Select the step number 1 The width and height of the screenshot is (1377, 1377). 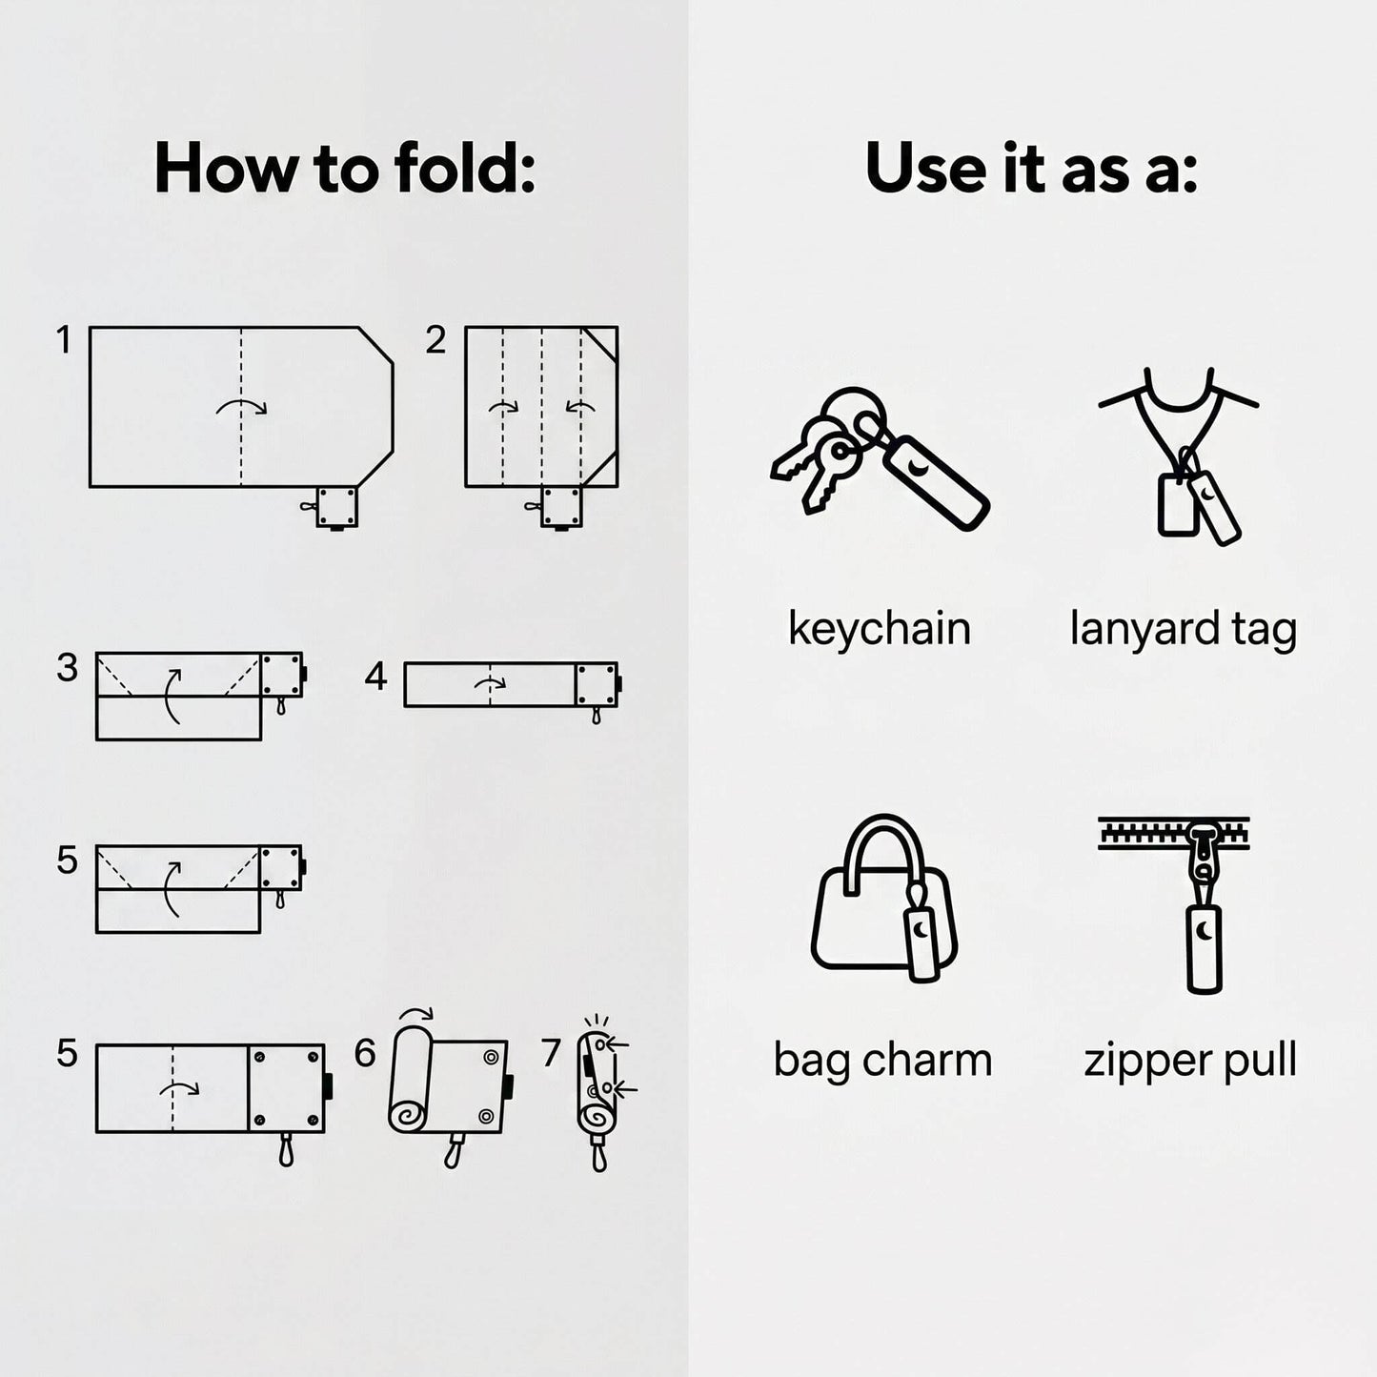tap(64, 339)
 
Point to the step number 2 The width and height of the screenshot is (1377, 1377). tap(435, 339)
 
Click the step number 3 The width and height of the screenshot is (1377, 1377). tap(67, 667)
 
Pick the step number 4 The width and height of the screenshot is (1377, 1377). tap(375, 676)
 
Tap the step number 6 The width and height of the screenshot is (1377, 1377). tap(365, 1053)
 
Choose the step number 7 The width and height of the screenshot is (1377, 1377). tap(550, 1053)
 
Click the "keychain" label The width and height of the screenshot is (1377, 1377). tap(880, 629)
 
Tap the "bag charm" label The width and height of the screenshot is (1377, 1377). tap(882, 1061)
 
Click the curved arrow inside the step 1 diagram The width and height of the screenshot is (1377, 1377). tap(241, 405)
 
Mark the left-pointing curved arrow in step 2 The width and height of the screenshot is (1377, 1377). tap(580, 407)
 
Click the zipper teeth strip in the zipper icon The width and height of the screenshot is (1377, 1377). tap(1173, 833)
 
